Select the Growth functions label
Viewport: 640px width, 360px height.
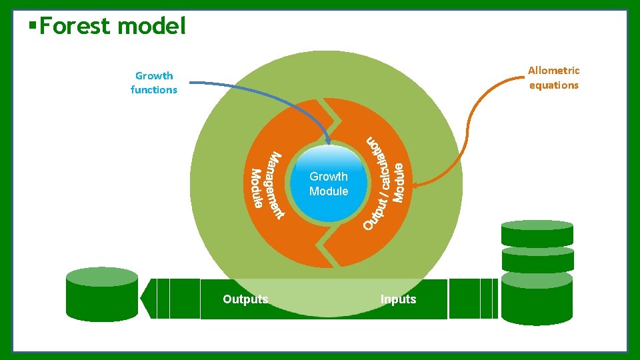click(x=154, y=83)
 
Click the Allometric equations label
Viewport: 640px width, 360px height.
click(x=553, y=77)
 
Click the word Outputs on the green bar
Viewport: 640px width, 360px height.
click(x=245, y=299)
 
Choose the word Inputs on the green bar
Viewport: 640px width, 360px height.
click(x=398, y=299)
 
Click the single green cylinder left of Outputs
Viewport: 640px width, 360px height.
click(x=102, y=295)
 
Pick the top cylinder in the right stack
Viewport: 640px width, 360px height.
click(x=537, y=234)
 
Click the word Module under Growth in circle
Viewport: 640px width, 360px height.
click(x=329, y=191)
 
